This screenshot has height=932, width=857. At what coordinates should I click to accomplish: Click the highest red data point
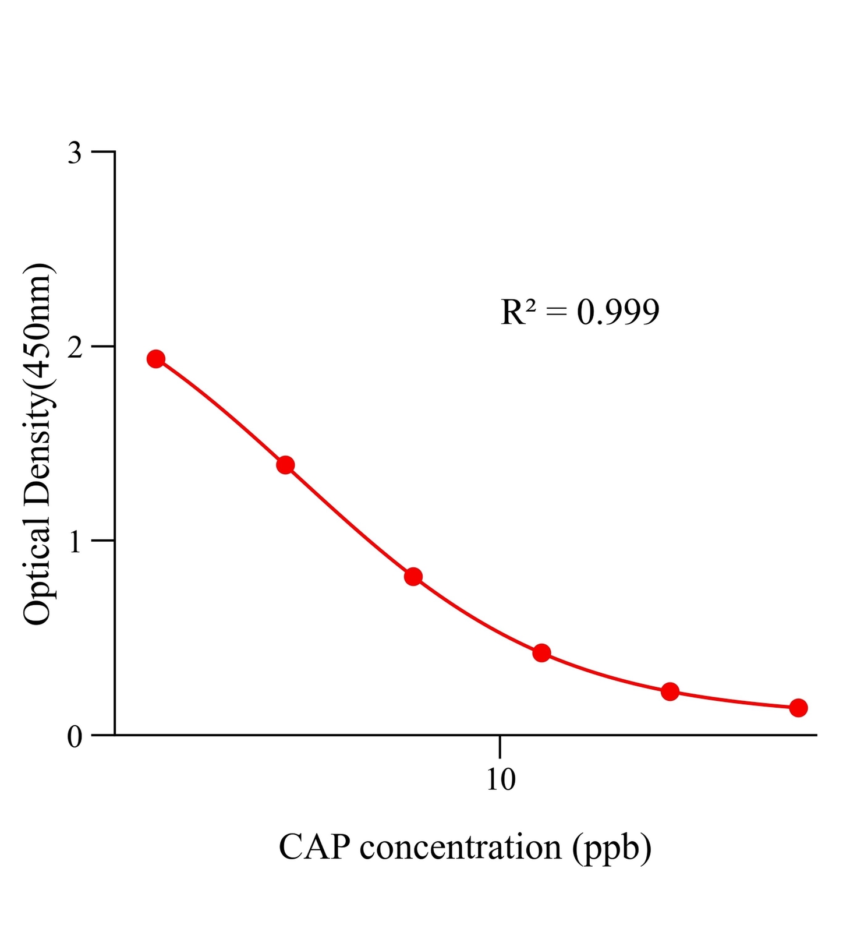point(155,359)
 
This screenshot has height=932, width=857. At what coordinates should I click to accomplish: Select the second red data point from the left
point(285,465)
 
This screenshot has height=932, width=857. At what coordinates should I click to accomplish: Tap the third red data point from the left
point(413,577)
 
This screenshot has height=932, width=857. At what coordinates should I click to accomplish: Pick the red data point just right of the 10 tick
point(541,653)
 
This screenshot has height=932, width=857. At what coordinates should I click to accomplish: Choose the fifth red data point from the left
point(670,691)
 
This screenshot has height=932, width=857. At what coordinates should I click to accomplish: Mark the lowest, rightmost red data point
point(798,708)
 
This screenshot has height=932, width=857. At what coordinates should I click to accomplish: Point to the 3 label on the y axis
point(75,153)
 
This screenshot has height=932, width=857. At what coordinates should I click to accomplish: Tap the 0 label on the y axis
point(75,737)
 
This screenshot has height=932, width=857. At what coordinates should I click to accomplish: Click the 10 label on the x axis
point(501,779)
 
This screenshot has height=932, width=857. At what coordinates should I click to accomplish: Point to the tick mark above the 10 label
point(500,746)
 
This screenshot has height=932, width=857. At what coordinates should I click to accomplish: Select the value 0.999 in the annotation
point(618,312)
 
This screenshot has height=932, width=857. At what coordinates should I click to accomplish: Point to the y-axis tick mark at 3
point(104,151)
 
